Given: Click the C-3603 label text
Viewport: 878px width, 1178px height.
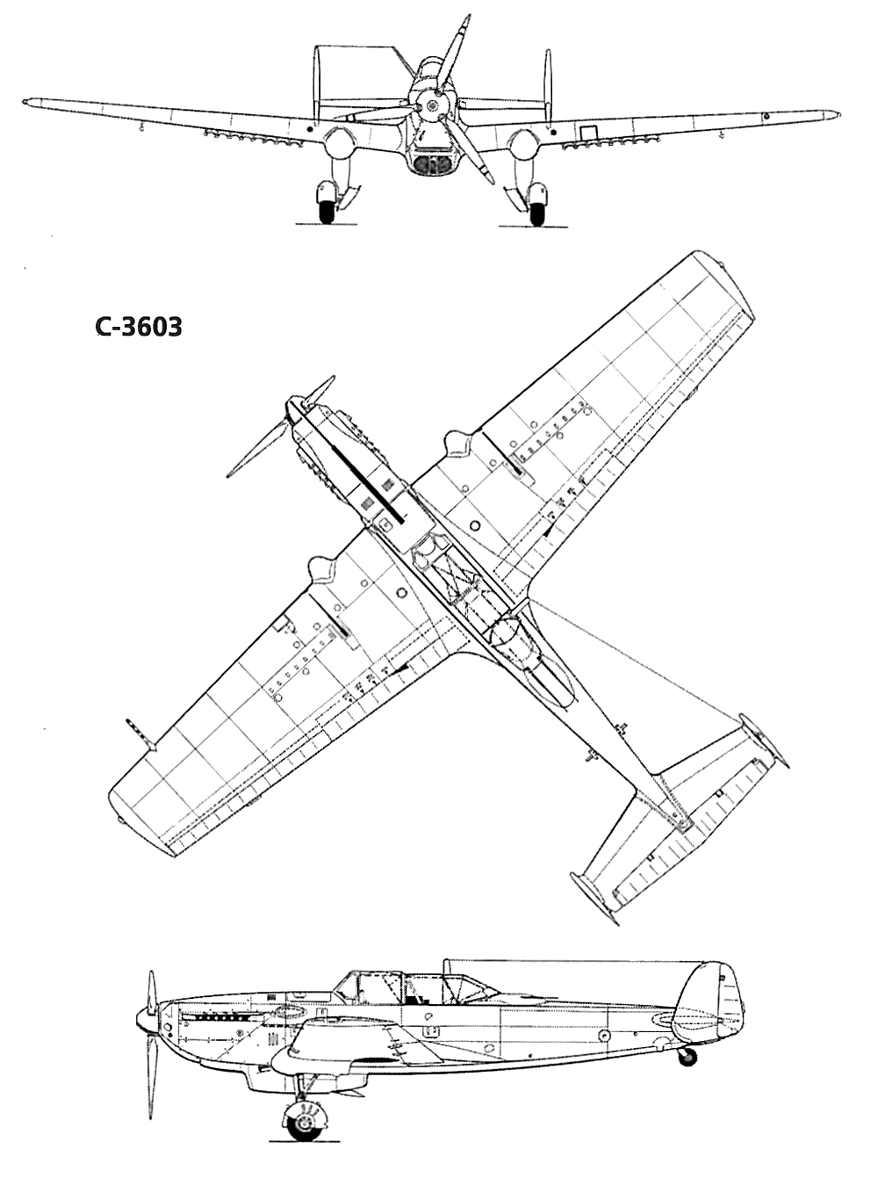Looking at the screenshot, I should coord(139,327).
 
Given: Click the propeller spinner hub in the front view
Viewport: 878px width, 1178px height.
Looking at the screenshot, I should coord(430,106).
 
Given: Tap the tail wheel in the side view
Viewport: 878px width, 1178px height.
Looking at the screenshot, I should coord(687,1057).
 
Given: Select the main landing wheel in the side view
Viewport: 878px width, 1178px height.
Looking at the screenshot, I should coord(306,1122).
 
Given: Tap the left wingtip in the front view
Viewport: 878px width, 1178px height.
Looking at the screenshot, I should coord(32,103).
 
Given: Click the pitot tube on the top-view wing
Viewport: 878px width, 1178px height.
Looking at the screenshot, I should coord(139,732).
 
